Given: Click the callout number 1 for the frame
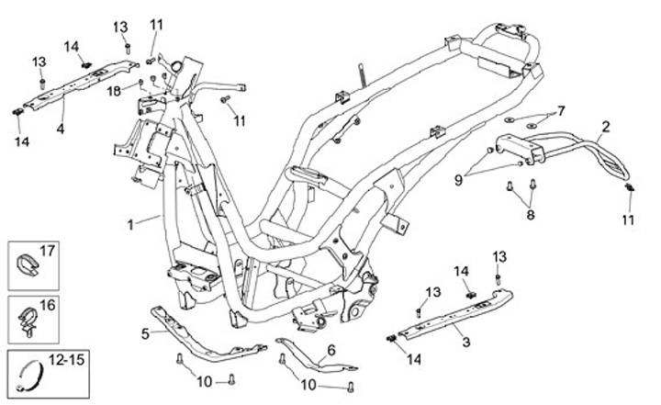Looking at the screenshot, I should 130,223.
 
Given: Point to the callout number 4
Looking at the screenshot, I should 60,129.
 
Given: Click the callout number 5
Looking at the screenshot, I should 145,332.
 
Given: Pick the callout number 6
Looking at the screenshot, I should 331,349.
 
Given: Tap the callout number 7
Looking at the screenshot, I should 561,110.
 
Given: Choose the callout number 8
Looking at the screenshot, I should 530,215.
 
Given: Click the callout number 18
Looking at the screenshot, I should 113,90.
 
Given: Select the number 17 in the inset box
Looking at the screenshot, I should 48,250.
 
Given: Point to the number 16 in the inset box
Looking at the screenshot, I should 48,305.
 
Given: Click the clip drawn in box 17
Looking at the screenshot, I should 26,264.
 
